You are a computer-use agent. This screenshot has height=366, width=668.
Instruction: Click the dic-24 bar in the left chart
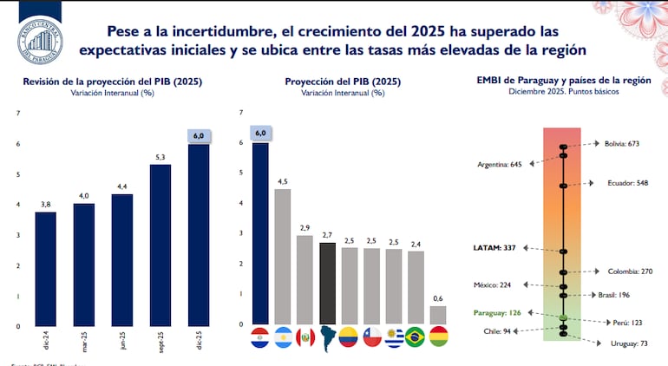(46, 268)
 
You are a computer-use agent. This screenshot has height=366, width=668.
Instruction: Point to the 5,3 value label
(160, 157)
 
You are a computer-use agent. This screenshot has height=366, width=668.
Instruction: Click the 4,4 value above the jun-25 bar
(121, 186)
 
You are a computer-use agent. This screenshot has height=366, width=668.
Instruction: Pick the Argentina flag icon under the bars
(283, 337)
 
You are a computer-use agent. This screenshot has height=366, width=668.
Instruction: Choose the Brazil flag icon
(415, 337)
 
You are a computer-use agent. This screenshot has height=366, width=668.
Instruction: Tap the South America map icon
(327, 337)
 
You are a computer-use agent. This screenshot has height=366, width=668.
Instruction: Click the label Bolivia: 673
(621, 143)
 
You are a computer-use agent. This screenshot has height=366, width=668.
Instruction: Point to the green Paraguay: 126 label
(497, 313)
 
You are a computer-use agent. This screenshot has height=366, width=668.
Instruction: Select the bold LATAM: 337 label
(494, 247)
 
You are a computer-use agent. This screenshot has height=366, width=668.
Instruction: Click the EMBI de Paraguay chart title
(562, 82)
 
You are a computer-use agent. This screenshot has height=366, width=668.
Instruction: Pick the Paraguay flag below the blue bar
(260, 337)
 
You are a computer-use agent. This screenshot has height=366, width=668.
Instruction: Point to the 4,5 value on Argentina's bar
(282, 180)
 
